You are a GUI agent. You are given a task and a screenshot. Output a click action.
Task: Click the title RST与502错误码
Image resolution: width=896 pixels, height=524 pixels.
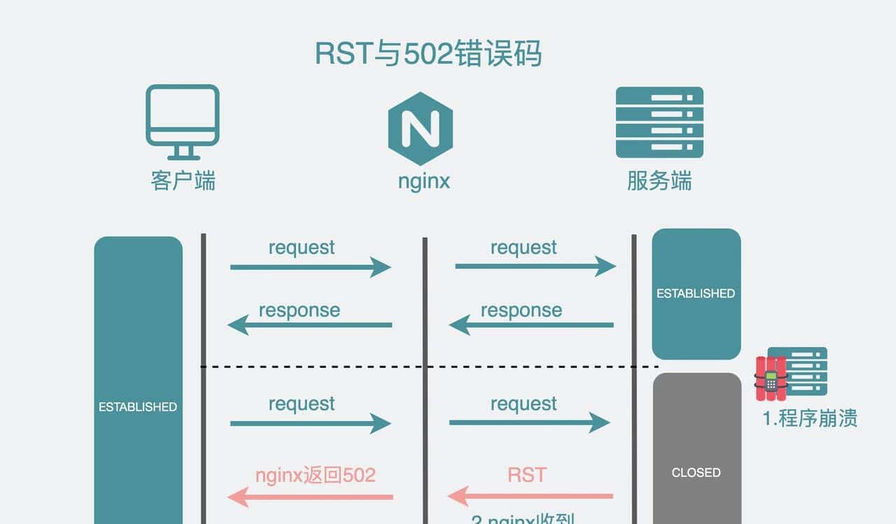coord(428,54)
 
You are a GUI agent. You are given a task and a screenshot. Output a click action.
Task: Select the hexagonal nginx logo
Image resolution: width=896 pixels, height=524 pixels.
coord(421,128)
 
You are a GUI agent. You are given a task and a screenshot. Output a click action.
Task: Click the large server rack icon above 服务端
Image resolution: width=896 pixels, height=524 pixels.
coord(659,122)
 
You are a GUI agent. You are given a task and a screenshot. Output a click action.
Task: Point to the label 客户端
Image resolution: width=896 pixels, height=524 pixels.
coord(183,181)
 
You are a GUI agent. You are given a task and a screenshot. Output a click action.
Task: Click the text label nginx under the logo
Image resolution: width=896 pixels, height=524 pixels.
coord(423,181)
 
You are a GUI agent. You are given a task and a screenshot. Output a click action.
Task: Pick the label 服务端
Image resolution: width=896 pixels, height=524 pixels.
coord(659,181)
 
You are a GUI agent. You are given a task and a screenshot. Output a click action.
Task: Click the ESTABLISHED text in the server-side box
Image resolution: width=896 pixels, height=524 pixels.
coord(696,294)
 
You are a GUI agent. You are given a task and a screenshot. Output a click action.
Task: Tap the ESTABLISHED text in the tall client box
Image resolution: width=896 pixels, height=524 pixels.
coord(138,406)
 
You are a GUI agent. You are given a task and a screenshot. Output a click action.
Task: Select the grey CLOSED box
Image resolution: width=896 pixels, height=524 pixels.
coord(696,448)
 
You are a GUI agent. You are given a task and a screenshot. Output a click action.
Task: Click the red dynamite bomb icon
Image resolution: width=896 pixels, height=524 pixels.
coord(771,379)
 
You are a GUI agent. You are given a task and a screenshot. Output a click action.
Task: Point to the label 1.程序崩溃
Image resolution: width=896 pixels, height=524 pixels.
coord(810,419)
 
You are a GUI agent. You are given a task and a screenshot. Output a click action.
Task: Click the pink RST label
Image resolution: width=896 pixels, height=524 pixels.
coord(526,475)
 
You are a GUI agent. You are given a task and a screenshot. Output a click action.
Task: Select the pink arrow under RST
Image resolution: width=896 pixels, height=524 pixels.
coord(530,497)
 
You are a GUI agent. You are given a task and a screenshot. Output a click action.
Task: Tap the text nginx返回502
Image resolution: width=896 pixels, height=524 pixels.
coord(315,475)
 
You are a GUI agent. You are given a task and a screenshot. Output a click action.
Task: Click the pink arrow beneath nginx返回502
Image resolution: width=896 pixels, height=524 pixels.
coord(310,497)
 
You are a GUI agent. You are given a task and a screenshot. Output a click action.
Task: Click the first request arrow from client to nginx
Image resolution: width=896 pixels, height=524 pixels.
coord(310,267)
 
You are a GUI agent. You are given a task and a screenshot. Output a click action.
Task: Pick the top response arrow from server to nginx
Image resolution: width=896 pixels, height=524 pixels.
coord(531,325)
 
